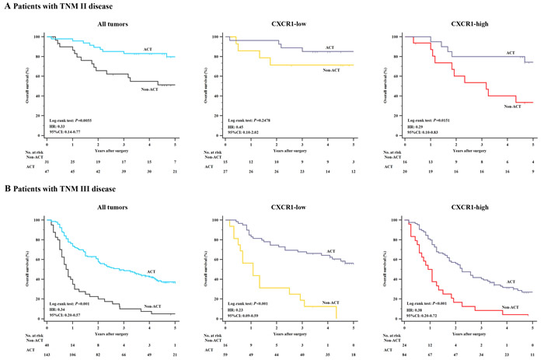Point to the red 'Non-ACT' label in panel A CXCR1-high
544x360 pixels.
[x=512, y=107]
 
